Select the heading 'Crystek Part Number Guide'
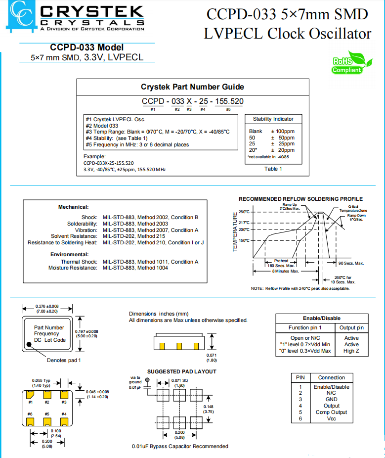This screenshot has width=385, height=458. point(192,87)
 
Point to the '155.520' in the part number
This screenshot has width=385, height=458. point(228,101)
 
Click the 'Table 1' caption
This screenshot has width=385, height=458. point(273,169)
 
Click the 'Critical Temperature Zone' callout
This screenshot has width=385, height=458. point(353,208)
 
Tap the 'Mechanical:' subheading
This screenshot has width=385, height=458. point(73,207)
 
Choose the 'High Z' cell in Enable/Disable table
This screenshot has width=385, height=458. point(351,351)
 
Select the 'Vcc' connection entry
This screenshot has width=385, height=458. point(331,418)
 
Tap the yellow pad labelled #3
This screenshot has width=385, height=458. point(64,394)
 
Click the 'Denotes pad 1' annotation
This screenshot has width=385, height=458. point(64,360)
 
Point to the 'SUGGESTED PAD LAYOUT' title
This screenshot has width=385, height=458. point(181,371)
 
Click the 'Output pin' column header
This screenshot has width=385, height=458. point(351,327)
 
